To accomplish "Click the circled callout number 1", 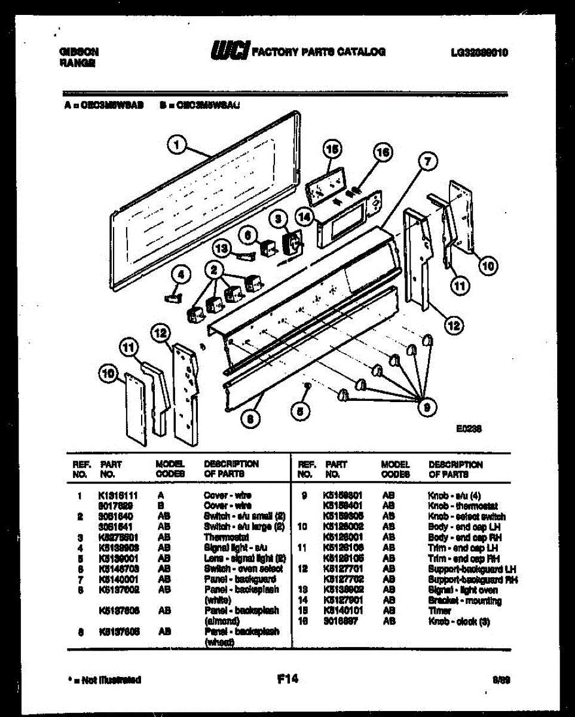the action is point(178,144).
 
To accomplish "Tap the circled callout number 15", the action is point(332,148).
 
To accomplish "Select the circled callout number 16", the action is point(383,152).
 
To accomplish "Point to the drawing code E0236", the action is point(469,428).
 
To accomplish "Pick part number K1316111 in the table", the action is point(118,495).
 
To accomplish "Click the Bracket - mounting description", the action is point(464,601).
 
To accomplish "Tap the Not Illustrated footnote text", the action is point(105,680).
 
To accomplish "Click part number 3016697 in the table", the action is point(342,621).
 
